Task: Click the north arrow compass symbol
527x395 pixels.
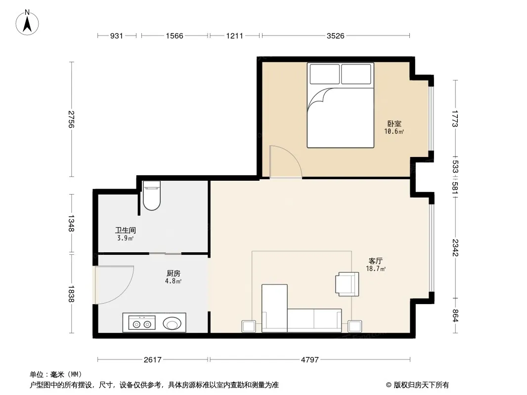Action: (27, 23)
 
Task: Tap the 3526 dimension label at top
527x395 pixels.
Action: (335, 36)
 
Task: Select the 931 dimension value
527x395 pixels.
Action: (117, 36)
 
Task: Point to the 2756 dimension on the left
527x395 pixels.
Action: (71, 119)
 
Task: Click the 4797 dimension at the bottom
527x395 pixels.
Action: (309, 360)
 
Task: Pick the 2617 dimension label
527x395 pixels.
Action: (153, 360)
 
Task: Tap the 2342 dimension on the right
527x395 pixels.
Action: (455, 247)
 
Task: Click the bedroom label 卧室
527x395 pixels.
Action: (394, 123)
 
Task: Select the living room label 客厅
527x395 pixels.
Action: (375, 261)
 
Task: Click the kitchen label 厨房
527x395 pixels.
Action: (173, 273)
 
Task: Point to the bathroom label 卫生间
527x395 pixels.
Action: (126, 230)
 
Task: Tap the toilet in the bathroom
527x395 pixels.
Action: (152, 196)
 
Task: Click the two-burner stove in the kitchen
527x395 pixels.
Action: (142, 322)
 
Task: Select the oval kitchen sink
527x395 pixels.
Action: (172, 324)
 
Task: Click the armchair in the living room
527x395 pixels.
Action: (347, 284)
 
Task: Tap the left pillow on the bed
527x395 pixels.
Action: (324, 74)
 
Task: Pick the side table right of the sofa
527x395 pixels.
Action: (354, 326)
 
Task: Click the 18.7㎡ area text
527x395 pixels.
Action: (375, 269)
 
